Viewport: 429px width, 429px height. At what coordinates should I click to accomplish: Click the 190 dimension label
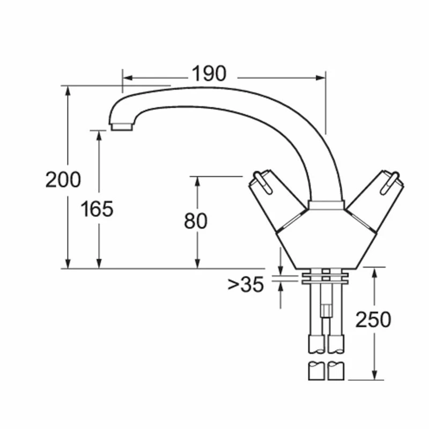click(x=209, y=73)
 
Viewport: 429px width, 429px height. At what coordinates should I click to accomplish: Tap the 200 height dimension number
click(x=63, y=180)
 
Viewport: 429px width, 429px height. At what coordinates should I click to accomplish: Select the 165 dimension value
click(x=97, y=209)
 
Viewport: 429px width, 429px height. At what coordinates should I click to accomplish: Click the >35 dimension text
click(x=246, y=284)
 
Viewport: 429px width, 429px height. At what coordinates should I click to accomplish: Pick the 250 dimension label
click(x=373, y=319)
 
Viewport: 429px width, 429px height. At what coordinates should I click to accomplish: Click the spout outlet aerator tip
click(x=122, y=127)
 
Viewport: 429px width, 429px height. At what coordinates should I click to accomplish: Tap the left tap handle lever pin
click(x=263, y=182)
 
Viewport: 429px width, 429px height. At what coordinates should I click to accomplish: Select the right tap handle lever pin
click(x=390, y=182)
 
